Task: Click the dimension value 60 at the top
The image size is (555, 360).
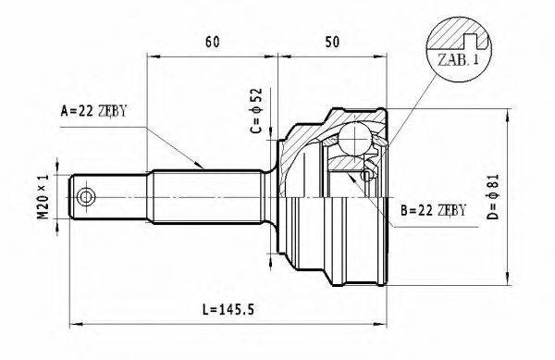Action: coord(212,42)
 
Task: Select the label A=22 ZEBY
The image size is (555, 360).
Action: coord(92,112)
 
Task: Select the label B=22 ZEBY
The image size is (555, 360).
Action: coord(435,211)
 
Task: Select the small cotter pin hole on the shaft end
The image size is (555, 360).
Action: coord(87,197)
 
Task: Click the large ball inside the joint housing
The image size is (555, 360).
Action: coord(353,140)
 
